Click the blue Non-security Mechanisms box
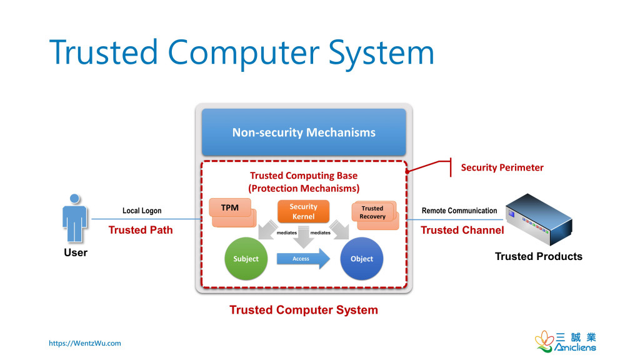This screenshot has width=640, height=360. [304, 132]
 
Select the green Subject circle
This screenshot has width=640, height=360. [246, 259]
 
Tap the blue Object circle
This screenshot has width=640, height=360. [361, 259]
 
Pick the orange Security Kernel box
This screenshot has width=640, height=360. [303, 212]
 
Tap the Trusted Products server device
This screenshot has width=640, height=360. [538, 219]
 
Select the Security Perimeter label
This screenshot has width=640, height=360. [502, 167]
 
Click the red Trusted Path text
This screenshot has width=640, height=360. [141, 230]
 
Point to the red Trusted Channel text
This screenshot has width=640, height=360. [462, 230]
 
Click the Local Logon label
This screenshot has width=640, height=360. [142, 211]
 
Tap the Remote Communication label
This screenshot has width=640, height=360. [459, 211]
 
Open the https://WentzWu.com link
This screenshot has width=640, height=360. [85, 343]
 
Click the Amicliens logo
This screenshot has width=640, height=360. [565, 342]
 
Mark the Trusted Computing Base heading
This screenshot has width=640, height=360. [304, 176]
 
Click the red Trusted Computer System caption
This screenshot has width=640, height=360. [304, 310]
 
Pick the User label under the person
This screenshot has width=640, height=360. [76, 253]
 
